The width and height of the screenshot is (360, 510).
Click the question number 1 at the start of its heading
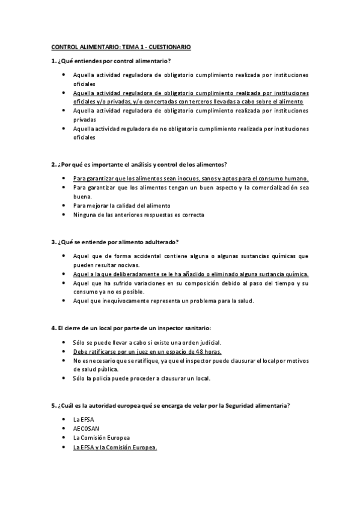[53, 61]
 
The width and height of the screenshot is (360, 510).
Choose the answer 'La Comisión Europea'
[101, 438]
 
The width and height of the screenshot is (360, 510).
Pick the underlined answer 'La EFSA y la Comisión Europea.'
[115, 447]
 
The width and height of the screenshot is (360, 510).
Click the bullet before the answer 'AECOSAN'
[64, 428]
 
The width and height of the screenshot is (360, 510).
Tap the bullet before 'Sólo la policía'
[64, 378]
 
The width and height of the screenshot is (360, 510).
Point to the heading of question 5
[171, 405]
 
